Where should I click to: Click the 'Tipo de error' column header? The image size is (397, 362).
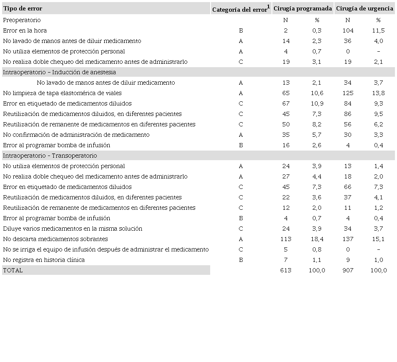pyautogui.click(x=23, y=8)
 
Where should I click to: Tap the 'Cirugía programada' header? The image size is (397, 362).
pyautogui.click(x=303, y=8)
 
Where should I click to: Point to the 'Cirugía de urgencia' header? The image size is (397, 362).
pyautogui.click(x=364, y=8)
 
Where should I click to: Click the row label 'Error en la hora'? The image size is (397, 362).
pyautogui.click(x=25, y=30)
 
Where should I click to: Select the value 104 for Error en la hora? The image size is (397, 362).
pyautogui.click(x=347, y=30)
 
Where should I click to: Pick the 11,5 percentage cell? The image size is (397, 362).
pyautogui.click(x=378, y=30)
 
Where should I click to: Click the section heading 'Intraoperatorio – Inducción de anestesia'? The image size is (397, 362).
pyautogui.click(x=60, y=72)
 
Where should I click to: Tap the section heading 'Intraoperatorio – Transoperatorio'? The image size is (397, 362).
pyautogui.click(x=50, y=156)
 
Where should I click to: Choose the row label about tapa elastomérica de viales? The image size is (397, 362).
pyautogui.click(x=62, y=93)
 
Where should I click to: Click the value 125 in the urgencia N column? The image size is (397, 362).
pyautogui.click(x=347, y=93)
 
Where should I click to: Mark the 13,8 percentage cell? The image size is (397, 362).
pyautogui.click(x=378, y=93)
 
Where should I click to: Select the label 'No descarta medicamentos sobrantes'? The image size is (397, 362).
pyautogui.click(x=55, y=239)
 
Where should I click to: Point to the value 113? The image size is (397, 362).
pyautogui.click(x=286, y=239)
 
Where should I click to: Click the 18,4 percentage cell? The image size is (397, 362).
pyautogui.click(x=317, y=239)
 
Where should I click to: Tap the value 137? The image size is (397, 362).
pyautogui.click(x=347, y=239)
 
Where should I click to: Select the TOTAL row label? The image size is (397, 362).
pyautogui.click(x=13, y=270)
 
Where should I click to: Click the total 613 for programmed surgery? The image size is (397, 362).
pyautogui.click(x=286, y=270)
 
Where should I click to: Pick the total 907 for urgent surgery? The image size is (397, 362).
pyautogui.click(x=347, y=270)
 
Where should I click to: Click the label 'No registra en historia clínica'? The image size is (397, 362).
pyautogui.click(x=44, y=260)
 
